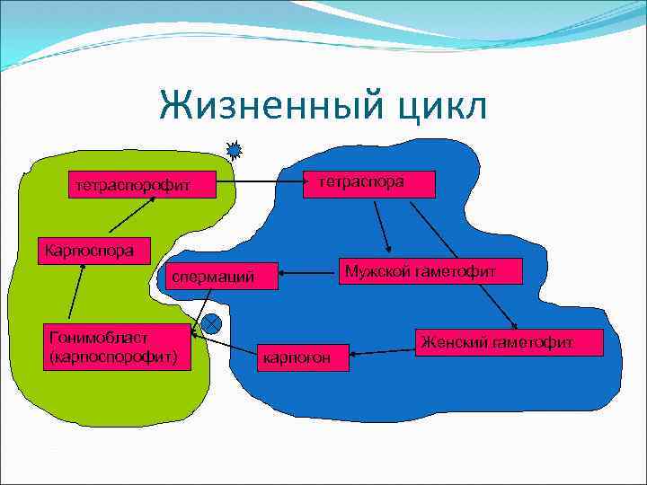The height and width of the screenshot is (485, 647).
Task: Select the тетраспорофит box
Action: click(x=134, y=186)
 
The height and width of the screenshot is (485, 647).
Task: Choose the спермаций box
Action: click(x=217, y=278)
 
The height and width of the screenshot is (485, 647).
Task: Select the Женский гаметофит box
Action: click(x=508, y=341)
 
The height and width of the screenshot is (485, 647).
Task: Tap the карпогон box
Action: click(x=296, y=357)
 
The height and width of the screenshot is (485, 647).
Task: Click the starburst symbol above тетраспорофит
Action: click(x=235, y=150)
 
